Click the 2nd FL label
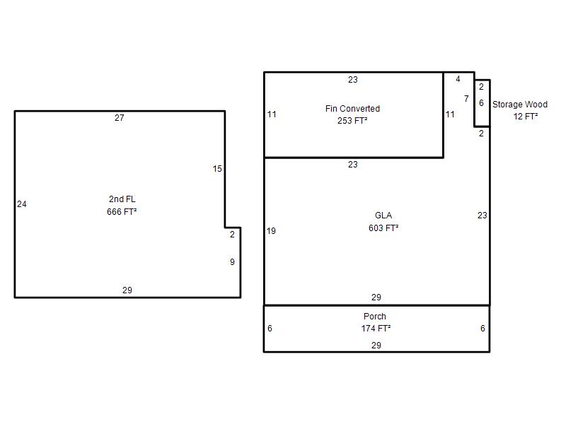click(122, 199)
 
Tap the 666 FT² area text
click(122, 211)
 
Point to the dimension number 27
click(120, 118)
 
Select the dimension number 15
click(217, 169)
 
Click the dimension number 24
click(22, 204)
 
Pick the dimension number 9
click(233, 262)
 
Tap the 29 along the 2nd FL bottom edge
click(127, 290)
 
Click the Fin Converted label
click(352, 109)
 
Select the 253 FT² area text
click(352, 121)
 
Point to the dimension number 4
click(458, 79)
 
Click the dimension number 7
click(466, 98)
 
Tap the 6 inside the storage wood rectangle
click(481, 103)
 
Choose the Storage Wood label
click(520, 104)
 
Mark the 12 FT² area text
click(526, 117)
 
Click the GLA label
click(383, 216)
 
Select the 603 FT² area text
click(383, 228)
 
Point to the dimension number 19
click(271, 231)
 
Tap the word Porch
click(375, 316)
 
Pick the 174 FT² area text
click(376, 329)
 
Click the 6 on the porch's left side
click(270, 329)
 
